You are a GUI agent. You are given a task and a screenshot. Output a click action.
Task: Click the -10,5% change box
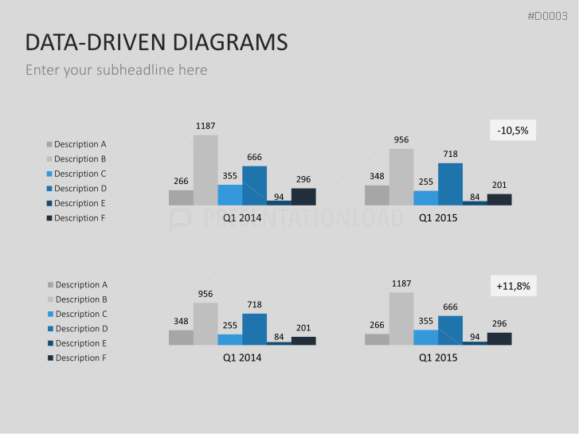coord(513,130)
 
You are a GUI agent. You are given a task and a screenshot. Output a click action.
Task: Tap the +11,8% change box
coord(513,286)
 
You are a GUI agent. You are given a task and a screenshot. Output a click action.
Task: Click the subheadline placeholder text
coord(116,70)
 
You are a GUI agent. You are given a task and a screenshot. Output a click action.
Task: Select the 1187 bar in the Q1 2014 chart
coord(205,170)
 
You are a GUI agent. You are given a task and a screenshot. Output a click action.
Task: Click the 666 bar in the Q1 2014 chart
coord(254,185)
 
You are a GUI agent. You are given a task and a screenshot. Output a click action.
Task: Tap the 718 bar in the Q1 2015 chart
coord(450,184)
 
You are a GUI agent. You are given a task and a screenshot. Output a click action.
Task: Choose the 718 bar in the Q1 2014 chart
coord(254,329)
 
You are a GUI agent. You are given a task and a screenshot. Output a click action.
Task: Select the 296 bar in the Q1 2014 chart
coord(303,197)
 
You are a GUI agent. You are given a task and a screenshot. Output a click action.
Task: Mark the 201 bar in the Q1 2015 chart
coord(499,199)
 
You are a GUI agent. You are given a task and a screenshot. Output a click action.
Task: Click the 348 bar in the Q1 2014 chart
coord(181,337)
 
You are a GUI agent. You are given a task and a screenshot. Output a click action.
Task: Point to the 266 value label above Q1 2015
coord(377,324)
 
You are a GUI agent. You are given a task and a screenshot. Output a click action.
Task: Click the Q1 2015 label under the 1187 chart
coord(438,358)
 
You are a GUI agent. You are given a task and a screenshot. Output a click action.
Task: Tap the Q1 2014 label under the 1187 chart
coord(242,217)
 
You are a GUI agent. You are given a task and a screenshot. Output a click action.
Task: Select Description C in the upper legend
coord(80,174)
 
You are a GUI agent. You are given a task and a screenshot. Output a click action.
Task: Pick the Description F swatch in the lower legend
coord(50,358)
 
